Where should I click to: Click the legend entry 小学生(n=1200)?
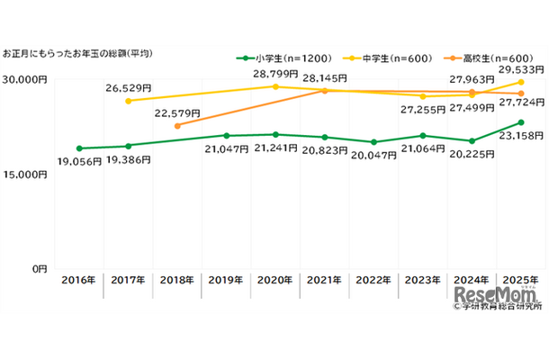[275, 58]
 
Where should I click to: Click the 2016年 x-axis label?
[79, 282]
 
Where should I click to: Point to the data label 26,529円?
[130, 87]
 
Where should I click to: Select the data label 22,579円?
[178, 112]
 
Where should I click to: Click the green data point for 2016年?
[79, 148]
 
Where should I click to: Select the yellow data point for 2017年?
[129, 101]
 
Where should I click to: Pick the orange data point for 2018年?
[177, 126]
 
